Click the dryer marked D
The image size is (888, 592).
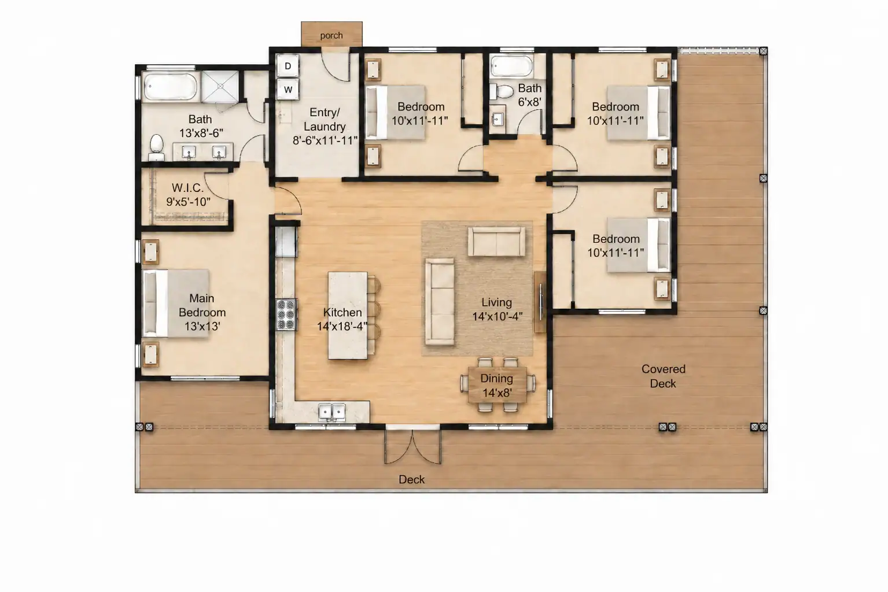coord(288,66)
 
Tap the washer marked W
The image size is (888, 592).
coord(288,90)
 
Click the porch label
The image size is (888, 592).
coord(331,36)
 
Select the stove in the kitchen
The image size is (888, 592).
coord(286,315)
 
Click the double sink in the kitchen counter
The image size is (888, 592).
coord(332,413)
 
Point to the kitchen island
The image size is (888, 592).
coord(348,316)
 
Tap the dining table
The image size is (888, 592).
coord(498,385)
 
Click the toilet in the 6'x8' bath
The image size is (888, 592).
coord(502,91)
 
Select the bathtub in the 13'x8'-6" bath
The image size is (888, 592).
coord(170,86)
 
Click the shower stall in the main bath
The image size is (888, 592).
coord(220,86)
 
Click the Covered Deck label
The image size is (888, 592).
coord(663,376)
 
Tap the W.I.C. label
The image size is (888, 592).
coord(187,187)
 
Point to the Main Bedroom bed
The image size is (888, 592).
coord(176,304)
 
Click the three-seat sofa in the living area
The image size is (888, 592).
coord(440,302)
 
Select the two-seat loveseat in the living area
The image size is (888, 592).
coord(496,241)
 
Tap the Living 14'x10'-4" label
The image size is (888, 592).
coord(497,309)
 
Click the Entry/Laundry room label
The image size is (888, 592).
coord(325,127)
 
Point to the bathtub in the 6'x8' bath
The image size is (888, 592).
coord(511,66)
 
